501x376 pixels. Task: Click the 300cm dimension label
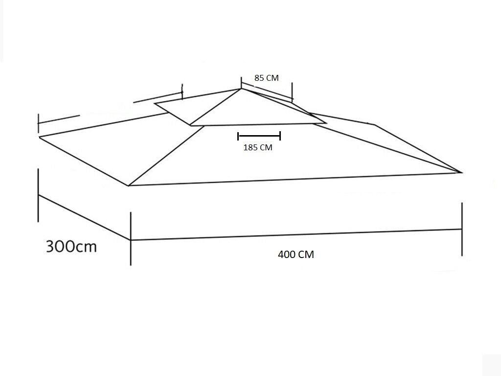71,246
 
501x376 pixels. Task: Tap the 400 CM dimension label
296,255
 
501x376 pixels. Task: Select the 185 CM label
258,147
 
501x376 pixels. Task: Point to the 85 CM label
267,78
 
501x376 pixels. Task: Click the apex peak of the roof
241,89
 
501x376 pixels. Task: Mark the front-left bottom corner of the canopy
129,186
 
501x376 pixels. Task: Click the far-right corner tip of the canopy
462,173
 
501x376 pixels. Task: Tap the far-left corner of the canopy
39,137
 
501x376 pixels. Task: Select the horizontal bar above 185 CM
259,136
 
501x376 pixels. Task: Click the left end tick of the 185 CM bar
238,136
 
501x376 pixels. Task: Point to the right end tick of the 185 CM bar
280,136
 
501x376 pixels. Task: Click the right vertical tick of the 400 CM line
462,229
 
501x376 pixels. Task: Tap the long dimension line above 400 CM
296,235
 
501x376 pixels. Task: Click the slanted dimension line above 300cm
84,217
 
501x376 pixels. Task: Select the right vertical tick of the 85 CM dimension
292,92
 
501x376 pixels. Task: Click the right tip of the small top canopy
326,122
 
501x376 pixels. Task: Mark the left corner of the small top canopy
155,103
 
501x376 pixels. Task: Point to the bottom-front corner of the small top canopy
190,125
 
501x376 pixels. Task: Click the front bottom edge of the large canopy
295,179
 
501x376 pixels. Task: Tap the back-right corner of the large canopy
374,125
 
